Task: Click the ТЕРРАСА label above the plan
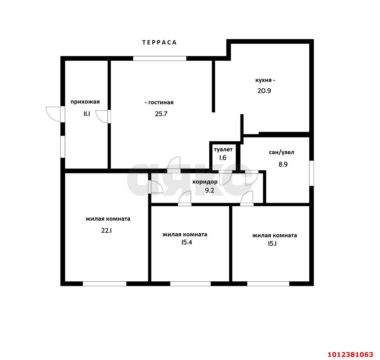tap(159, 42)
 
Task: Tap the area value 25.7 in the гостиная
tap(161, 114)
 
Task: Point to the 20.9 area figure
tap(264, 91)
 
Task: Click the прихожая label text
tap(85, 102)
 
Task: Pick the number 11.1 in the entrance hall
tap(87, 114)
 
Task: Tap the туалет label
tap(223, 149)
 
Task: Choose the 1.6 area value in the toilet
tap(222, 158)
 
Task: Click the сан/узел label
tap(281, 152)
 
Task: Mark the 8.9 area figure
tap(283, 164)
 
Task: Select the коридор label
tap(205, 182)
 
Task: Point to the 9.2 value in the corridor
tap(210, 191)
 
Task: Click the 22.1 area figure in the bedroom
tap(107, 231)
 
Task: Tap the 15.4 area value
tap(187, 242)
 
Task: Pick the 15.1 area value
tap(272, 244)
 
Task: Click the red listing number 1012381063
tap(350, 354)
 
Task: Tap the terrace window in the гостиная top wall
tap(160, 58)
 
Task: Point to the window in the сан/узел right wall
tap(311, 173)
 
